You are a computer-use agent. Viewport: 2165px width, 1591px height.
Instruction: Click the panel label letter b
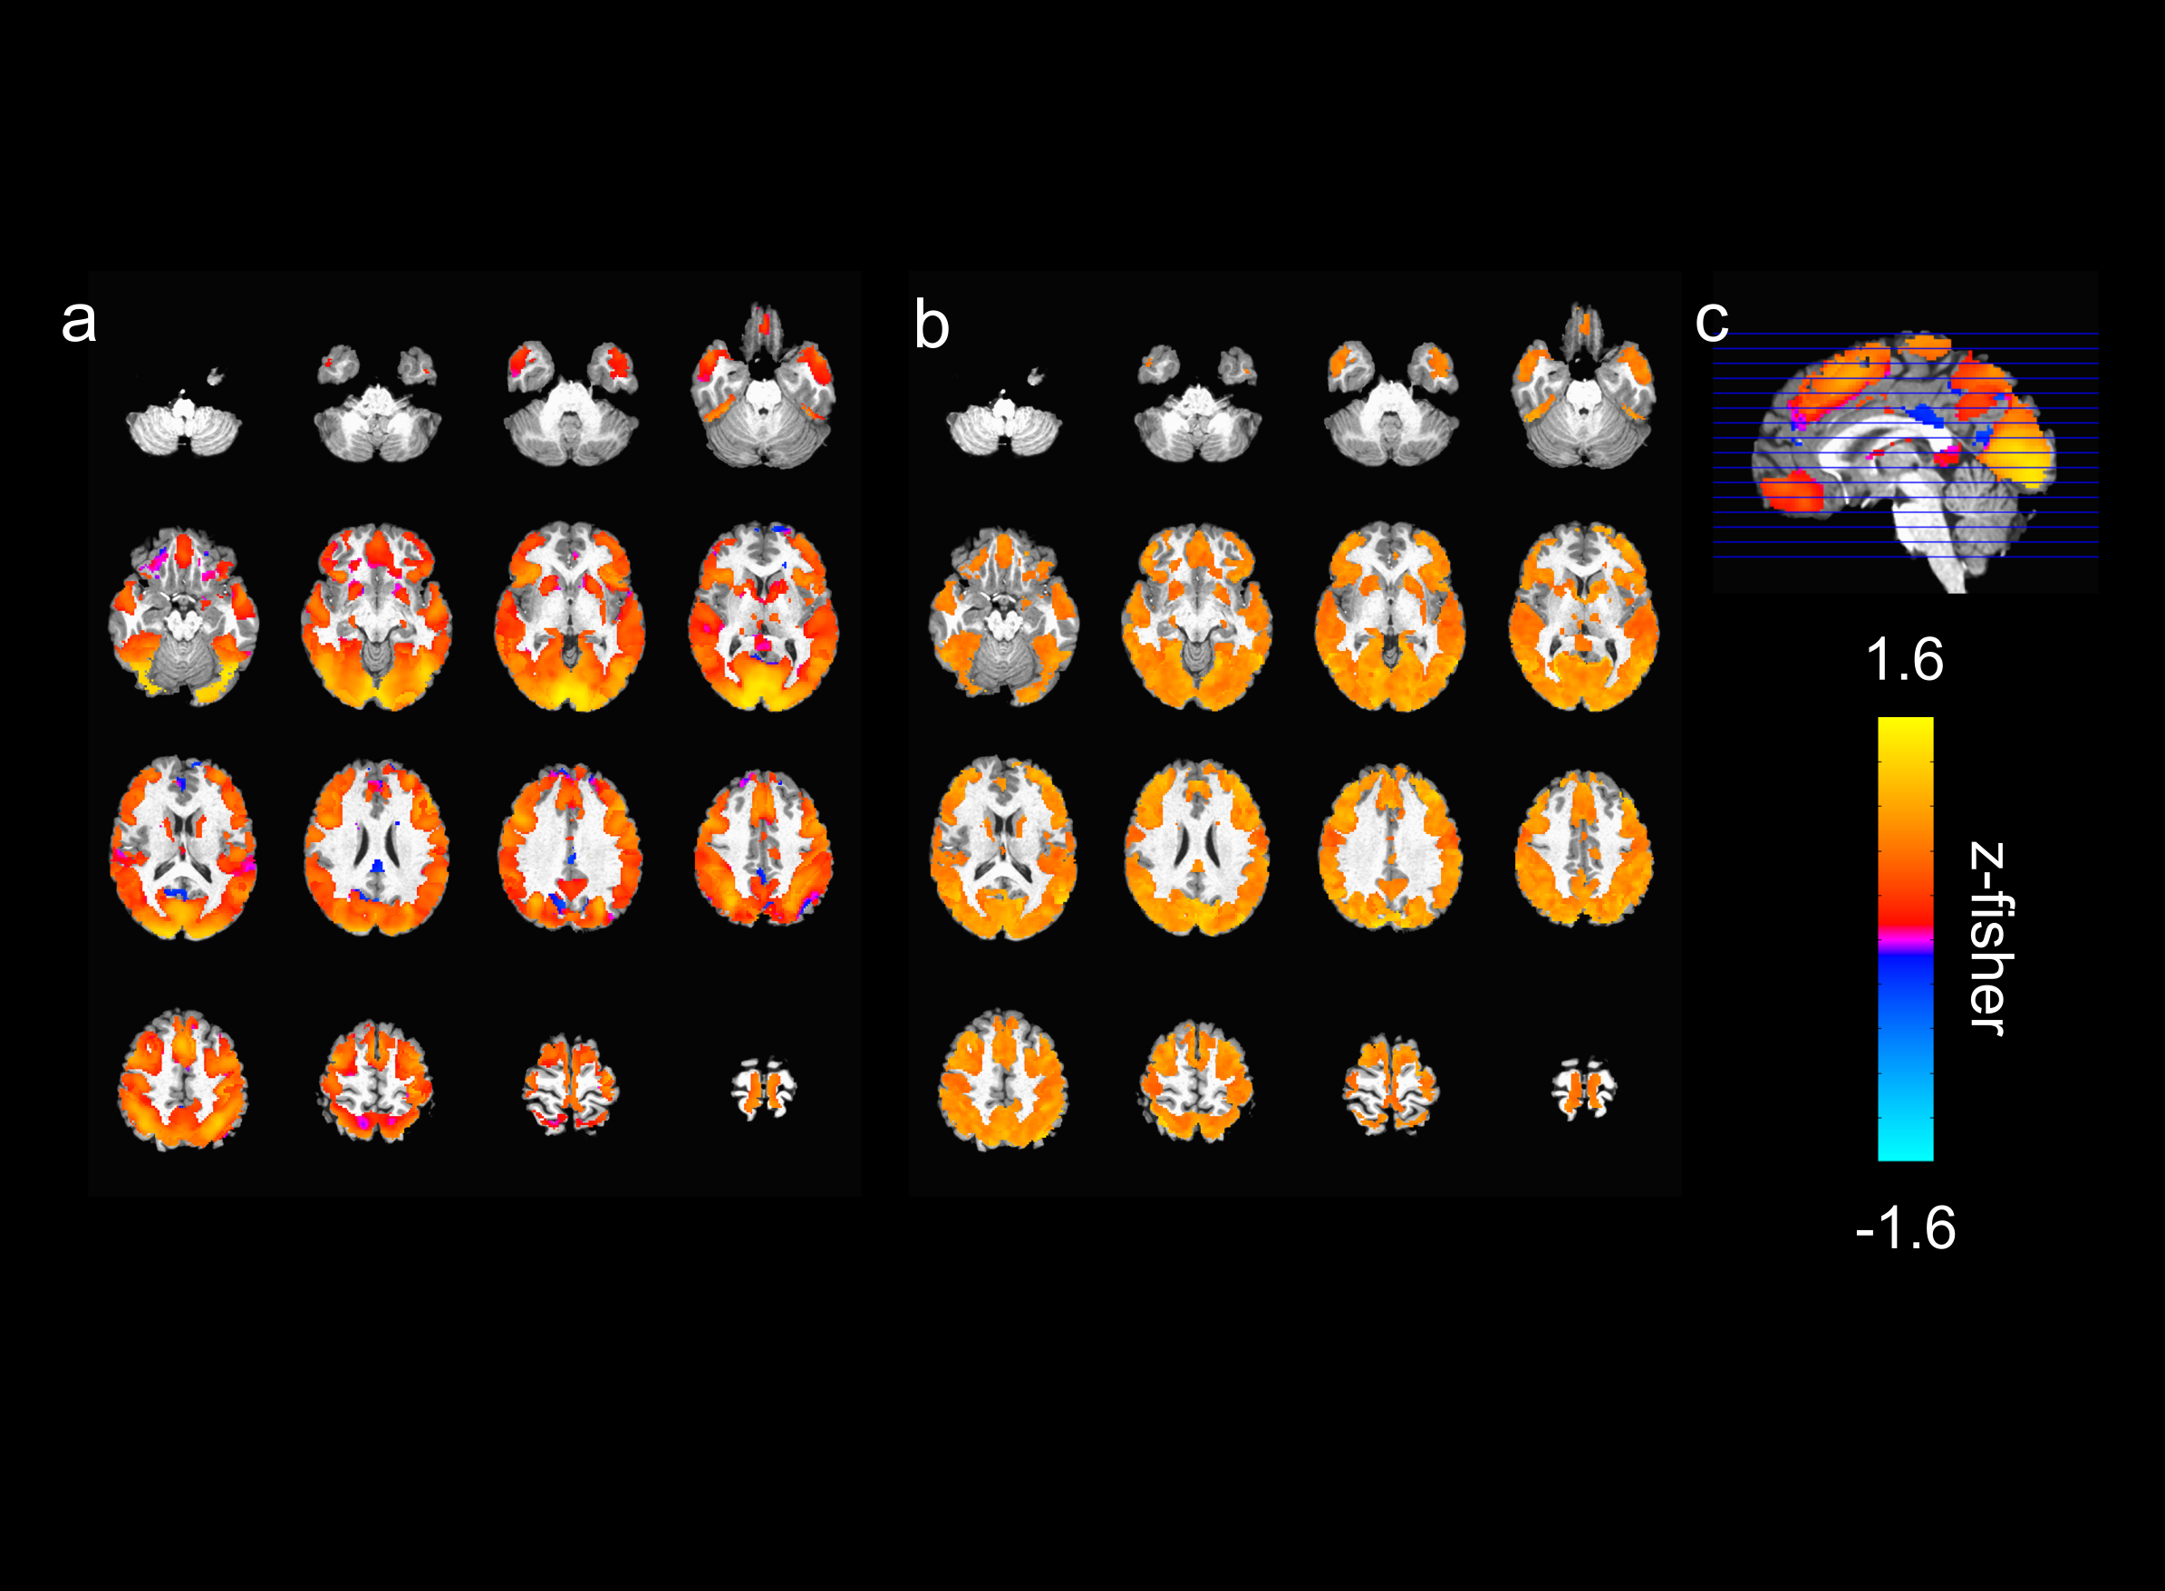point(931,325)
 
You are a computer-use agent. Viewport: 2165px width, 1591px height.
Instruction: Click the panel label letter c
point(1711,321)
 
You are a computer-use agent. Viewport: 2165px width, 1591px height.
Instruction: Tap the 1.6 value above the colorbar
point(1904,660)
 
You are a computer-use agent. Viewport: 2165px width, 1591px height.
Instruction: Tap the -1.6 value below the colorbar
point(1905,1227)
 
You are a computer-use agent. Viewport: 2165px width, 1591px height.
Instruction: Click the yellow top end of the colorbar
point(1905,728)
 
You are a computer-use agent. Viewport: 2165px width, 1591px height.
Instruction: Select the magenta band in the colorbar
point(1905,936)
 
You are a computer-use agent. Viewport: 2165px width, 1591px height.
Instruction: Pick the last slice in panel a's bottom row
point(763,1088)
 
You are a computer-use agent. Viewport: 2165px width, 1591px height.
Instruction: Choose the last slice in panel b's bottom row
point(1583,1088)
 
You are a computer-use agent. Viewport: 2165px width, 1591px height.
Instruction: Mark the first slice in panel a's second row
point(183,616)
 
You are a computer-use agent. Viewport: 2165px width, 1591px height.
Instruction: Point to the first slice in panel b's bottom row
point(1003,1079)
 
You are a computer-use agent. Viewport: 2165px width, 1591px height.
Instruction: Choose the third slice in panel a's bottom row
point(570,1084)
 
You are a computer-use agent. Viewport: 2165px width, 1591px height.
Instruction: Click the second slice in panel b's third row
point(1196,848)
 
